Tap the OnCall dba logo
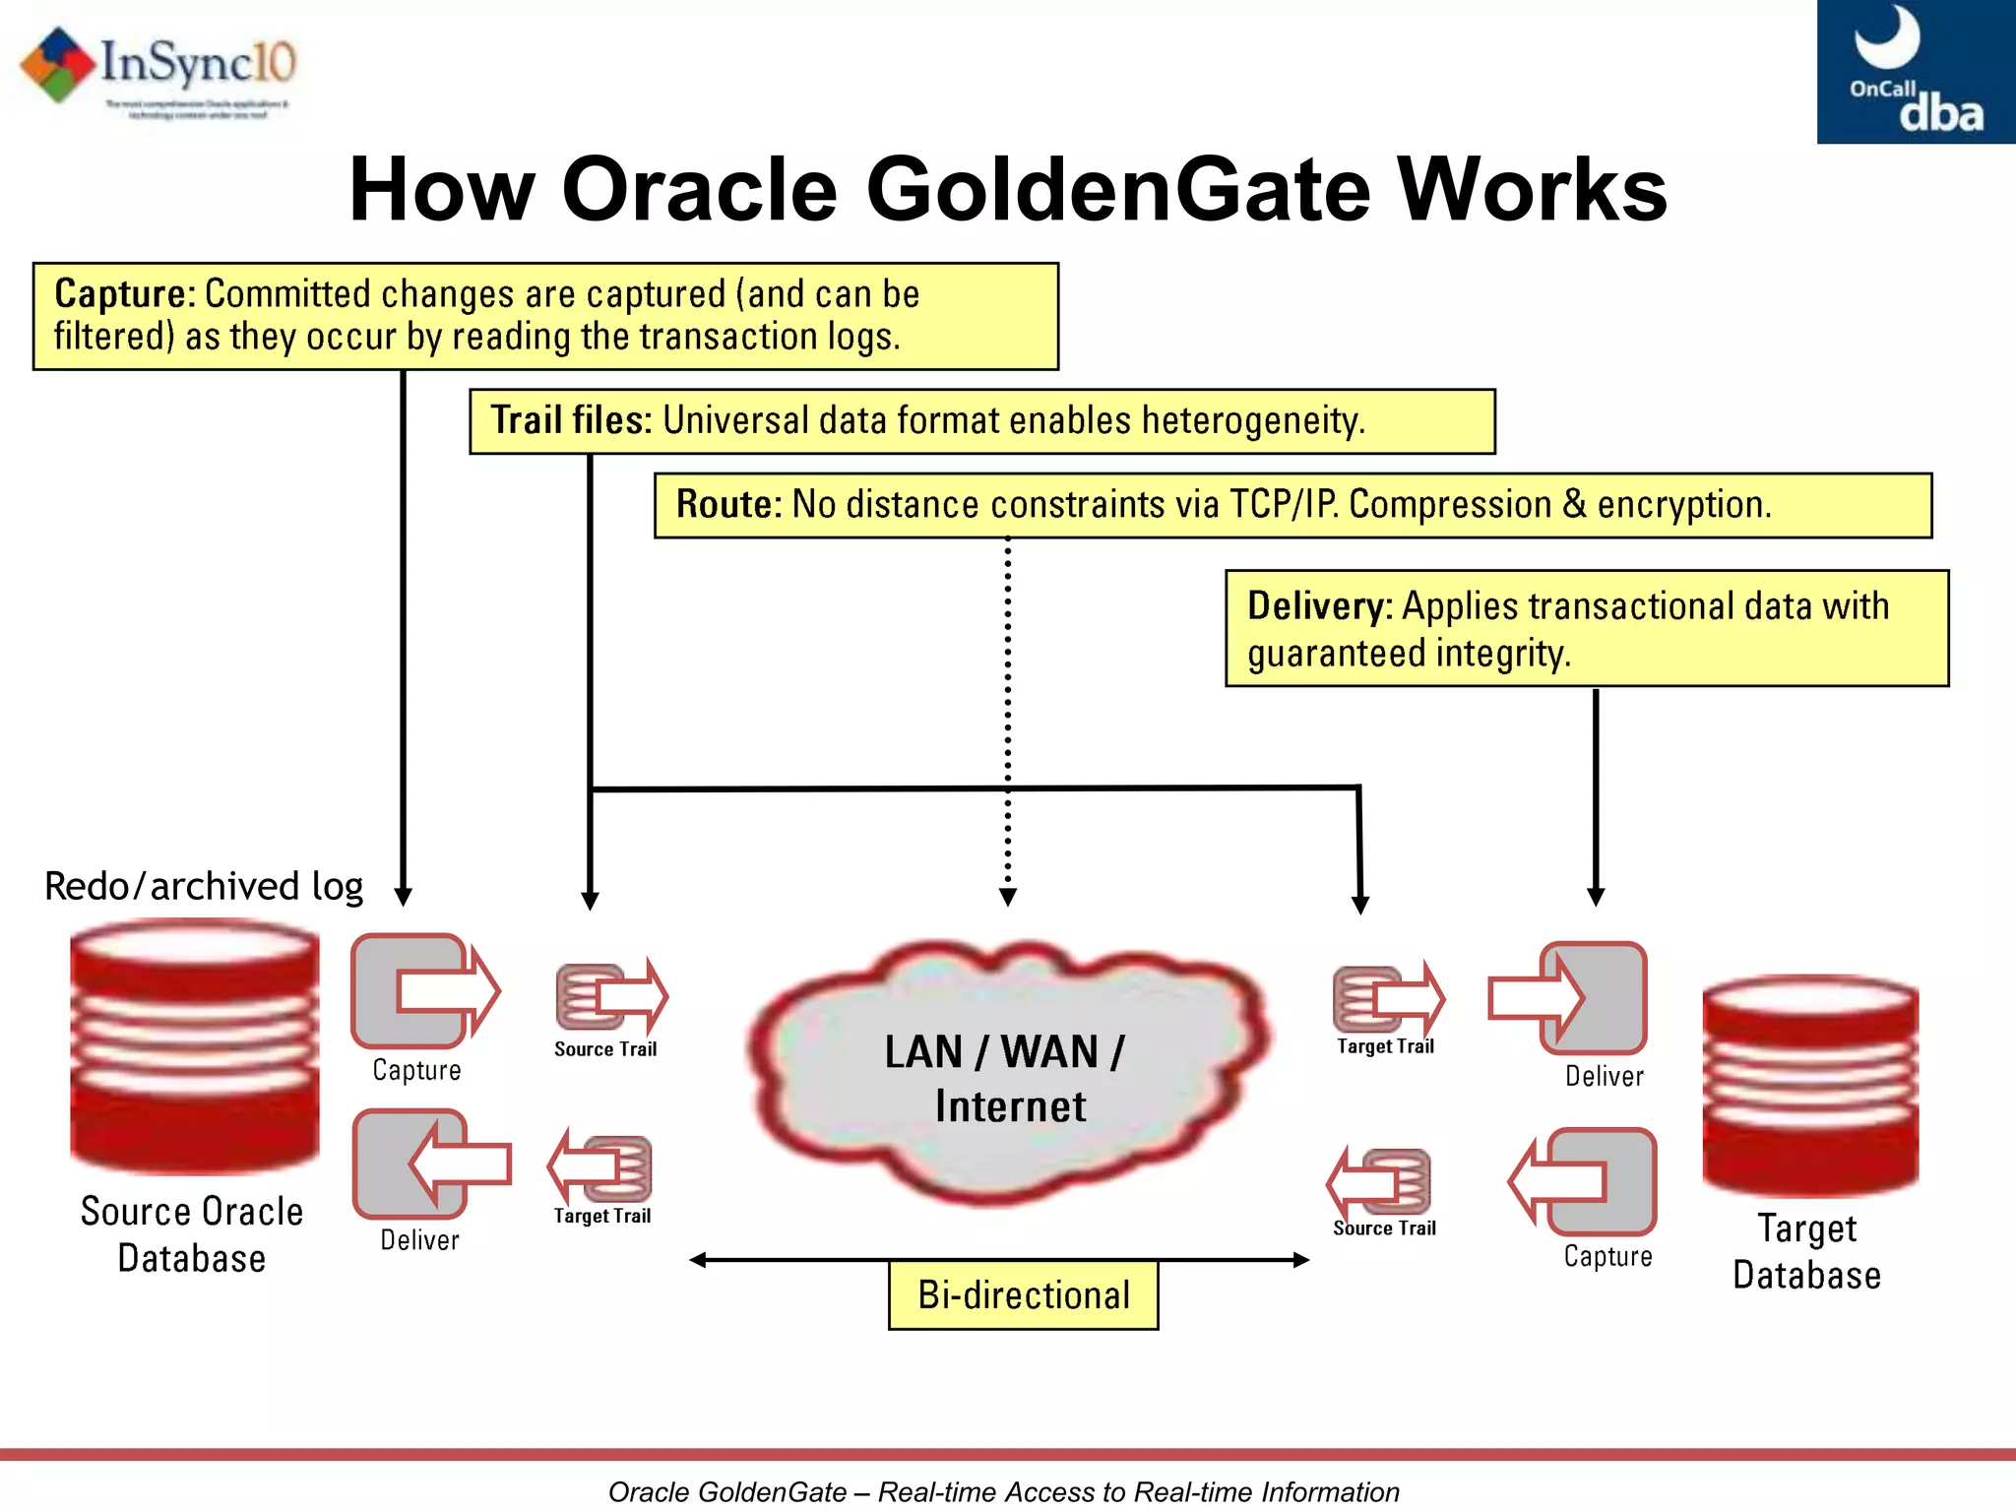click(1915, 72)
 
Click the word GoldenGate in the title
click(1118, 190)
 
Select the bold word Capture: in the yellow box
click(125, 293)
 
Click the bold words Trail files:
click(571, 420)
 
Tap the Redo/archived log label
click(204, 886)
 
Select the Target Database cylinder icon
click(1809, 1085)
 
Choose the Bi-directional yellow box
click(1023, 1295)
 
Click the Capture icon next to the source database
click(424, 991)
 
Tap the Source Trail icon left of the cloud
click(610, 996)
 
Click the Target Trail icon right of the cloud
click(1387, 998)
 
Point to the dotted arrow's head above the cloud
click(1007, 897)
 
